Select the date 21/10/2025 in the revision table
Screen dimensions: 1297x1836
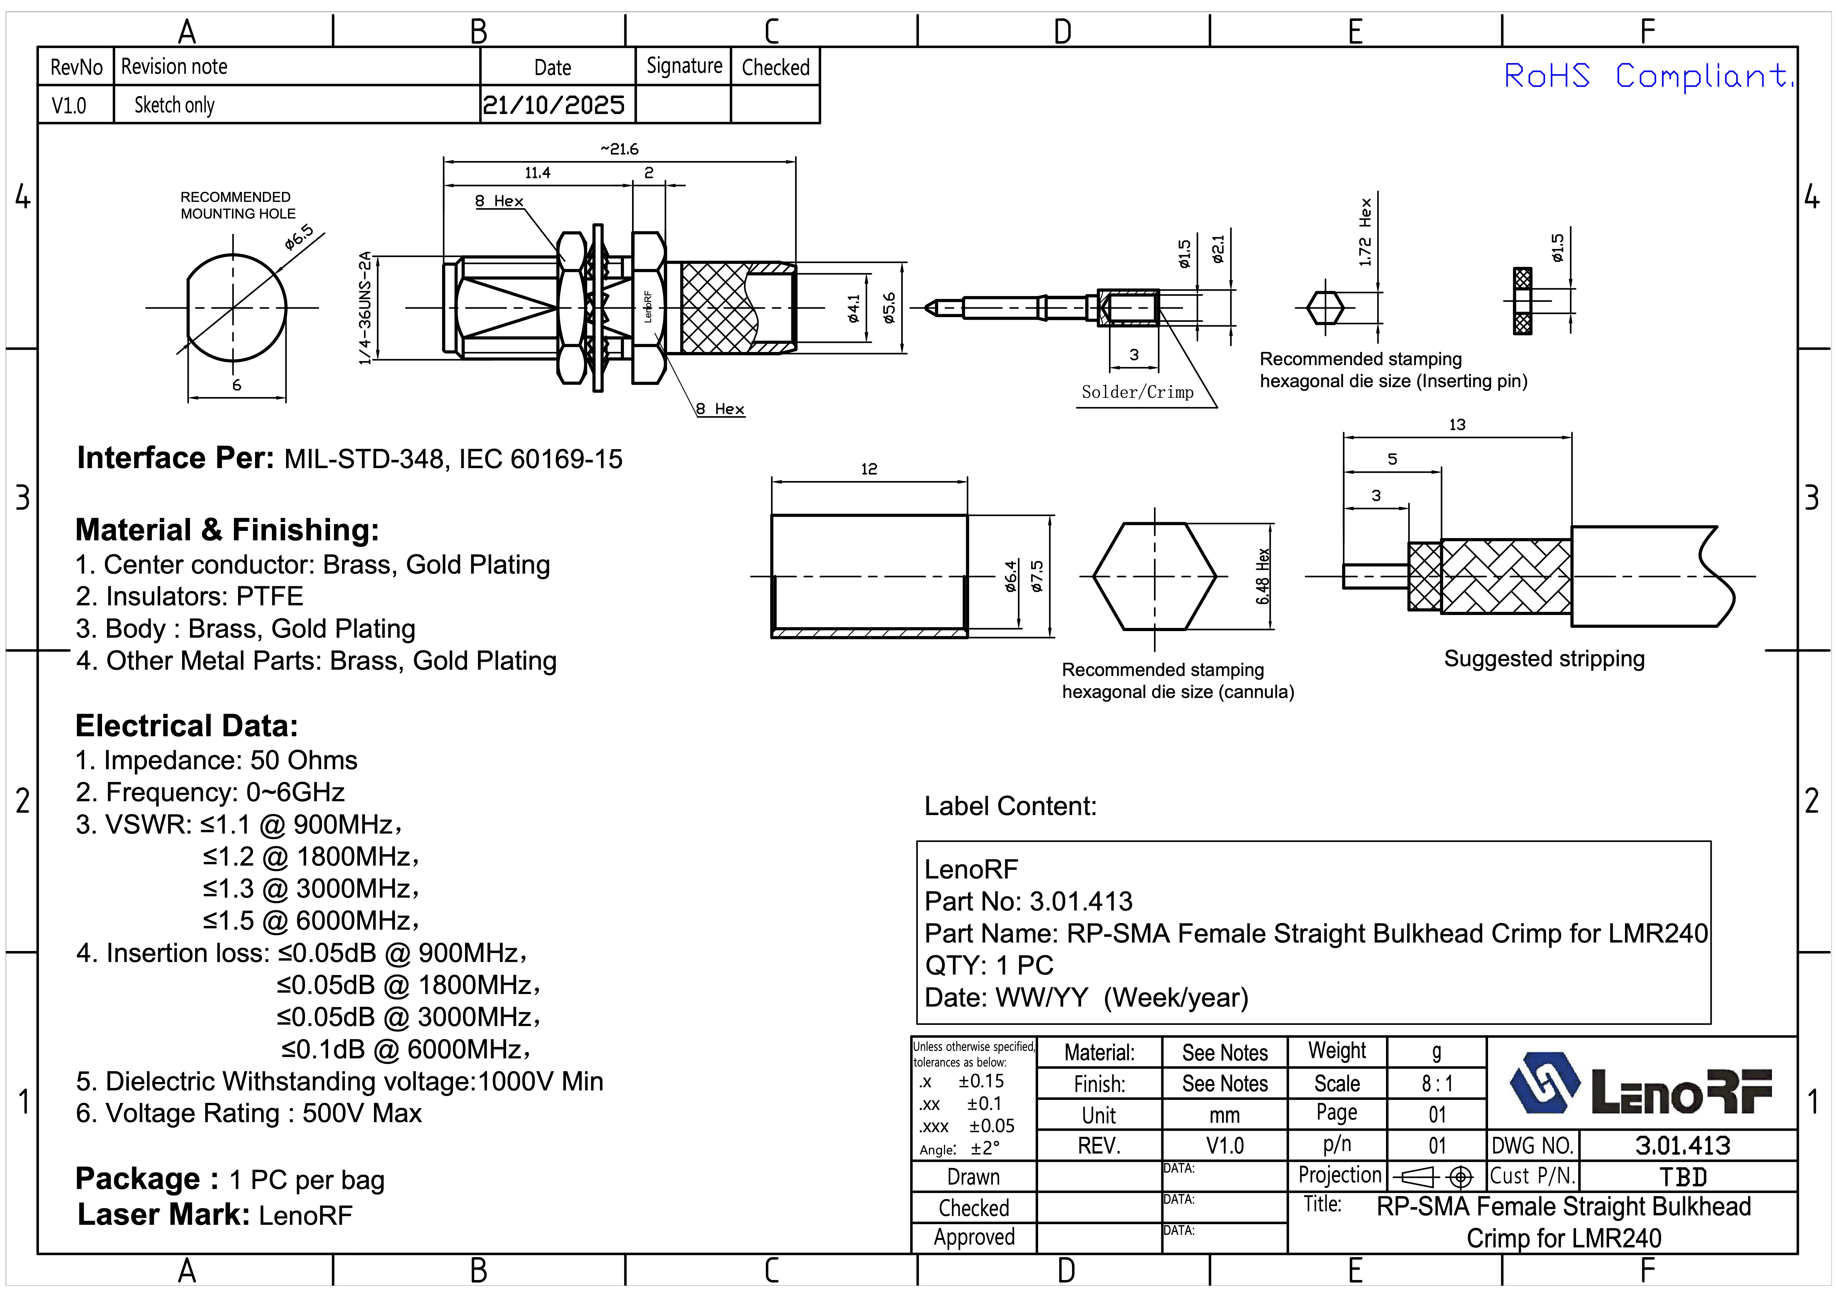click(553, 105)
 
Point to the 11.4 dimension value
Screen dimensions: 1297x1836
click(537, 173)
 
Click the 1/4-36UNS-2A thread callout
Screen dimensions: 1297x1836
click(366, 308)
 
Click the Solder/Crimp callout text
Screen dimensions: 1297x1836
click(1137, 392)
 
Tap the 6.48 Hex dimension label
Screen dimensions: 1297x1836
click(1263, 576)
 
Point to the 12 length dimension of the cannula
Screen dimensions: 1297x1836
click(869, 468)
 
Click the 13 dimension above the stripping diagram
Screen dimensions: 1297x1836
click(1457, 424)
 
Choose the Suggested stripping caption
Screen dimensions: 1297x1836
click(1544, 659)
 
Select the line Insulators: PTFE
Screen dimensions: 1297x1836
click(190, 597)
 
